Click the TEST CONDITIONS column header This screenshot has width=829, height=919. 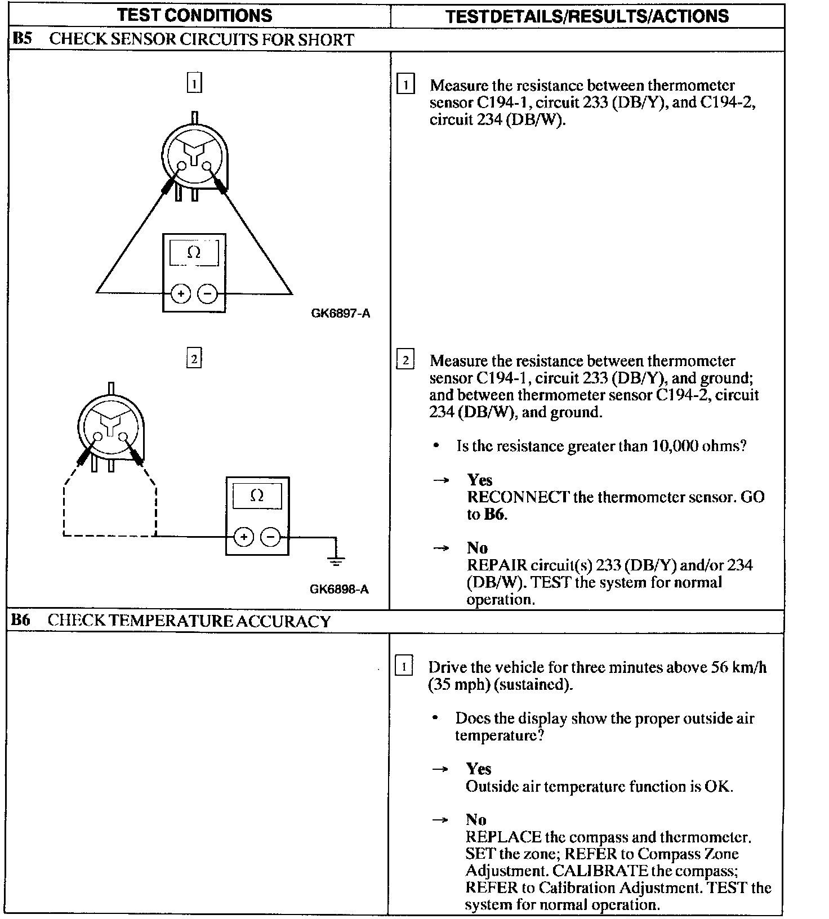click(x=194, y=15)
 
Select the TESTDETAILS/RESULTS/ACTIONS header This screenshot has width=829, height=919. click(x=587, y=16)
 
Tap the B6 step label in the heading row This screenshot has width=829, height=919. click(x=21, y=620)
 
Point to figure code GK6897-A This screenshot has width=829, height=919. click(x=340, y=314)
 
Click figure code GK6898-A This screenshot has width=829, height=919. click(x=339, y=590)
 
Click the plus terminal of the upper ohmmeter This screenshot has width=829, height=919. click(x=181, y=293)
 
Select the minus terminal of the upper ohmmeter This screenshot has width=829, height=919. click(x=208, y=293)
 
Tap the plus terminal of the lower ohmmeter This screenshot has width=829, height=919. click(x=244, y=537)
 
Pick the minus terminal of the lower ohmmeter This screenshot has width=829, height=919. click(x=271, y=537)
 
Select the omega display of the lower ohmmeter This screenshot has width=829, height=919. click(x=257, y=496)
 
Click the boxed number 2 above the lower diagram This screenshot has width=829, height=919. click(x=194, y=359)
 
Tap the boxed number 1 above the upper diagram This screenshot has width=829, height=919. click(x=194, y=83)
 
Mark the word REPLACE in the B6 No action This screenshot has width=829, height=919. click(x=503, y=837)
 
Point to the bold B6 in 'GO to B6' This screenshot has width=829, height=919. click(x=494, y=514)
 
